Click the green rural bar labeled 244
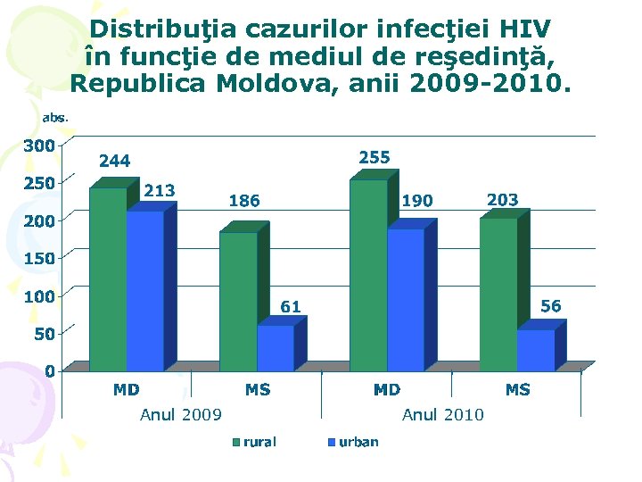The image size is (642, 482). coord(108,279)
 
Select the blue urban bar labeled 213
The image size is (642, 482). coord(144,291)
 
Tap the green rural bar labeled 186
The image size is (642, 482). coord(238,302)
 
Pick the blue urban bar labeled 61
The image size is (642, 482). coord(275,348)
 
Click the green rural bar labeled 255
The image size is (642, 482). coord(368,276)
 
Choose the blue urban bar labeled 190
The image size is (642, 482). coord(406,300)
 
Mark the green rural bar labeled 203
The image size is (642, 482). coord(498,295)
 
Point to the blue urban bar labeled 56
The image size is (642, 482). coord(535,351)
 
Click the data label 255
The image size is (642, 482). coord(374,157)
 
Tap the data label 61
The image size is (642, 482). coord(291,307)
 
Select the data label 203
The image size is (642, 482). coord(503,200)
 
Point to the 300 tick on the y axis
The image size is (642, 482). coord(38,145)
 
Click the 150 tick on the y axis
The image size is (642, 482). coord(38,258)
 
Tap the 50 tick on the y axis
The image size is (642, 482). coord(43,333)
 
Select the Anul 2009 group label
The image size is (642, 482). coord(181,414)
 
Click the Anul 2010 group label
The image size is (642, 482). coord(443,414)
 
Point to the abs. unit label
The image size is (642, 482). coord(55,117)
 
